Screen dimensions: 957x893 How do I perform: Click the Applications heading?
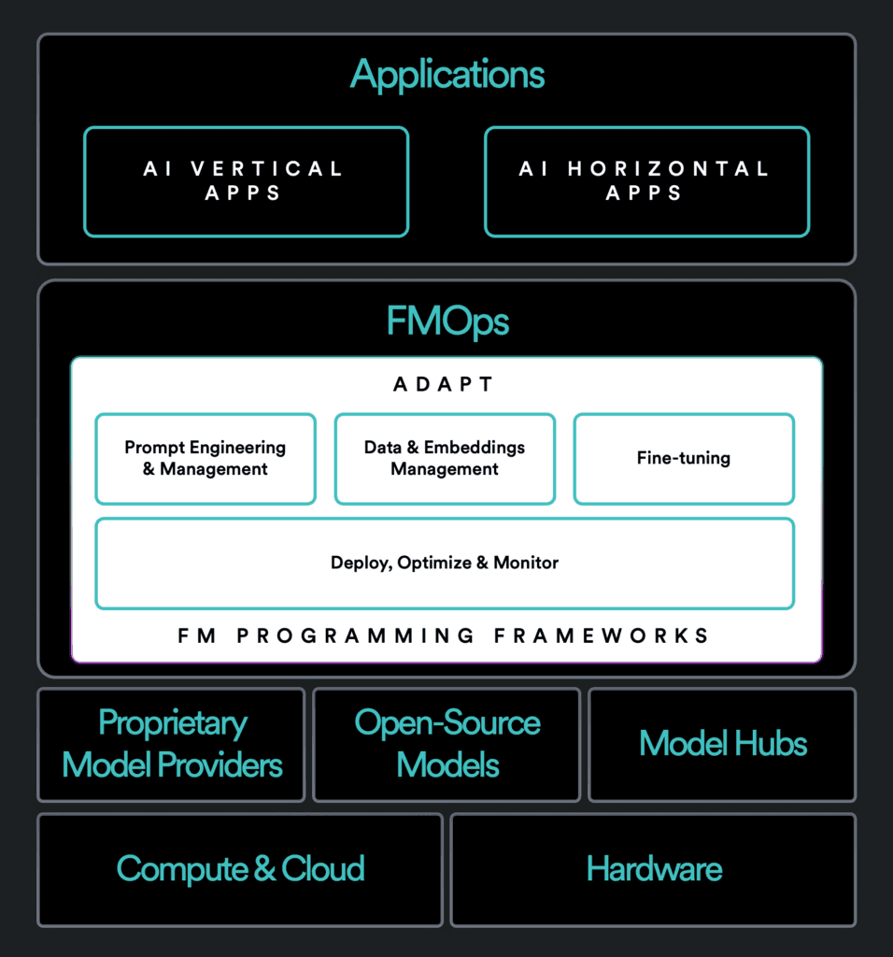click(x=447, y=75)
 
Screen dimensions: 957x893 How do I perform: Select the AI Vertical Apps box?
click(x=246, y=181)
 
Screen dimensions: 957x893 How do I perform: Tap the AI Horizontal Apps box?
click(x=646, y=181)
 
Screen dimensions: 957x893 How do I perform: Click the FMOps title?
click(x=447, y=321)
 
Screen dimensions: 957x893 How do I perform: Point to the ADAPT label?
click(x=446, y=384)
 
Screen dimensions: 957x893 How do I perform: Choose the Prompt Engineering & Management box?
click(x=206, y=459)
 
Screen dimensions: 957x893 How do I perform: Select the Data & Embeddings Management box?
click(x=445, y=459)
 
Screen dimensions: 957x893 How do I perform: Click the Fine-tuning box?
click(x=684, y=459)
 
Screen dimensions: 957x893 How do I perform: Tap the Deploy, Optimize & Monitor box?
click(x=445, y=563)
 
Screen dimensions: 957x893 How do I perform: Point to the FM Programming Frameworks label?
click(x=445, y=636)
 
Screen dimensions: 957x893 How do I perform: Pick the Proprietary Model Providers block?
click(x=172, y=745)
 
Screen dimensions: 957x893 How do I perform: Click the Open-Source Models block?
click(x=446, y=745)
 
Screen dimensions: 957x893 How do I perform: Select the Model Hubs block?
click(x=723, y=745)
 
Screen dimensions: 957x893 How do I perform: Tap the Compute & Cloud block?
click(x=240, y=869)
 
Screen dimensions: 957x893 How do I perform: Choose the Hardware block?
click(x=654, y=869)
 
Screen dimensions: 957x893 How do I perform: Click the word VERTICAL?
click(x=267, y=169)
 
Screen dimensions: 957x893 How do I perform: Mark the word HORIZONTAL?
click(x=668, y=169)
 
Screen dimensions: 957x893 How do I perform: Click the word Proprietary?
click(x=173, y=723)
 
